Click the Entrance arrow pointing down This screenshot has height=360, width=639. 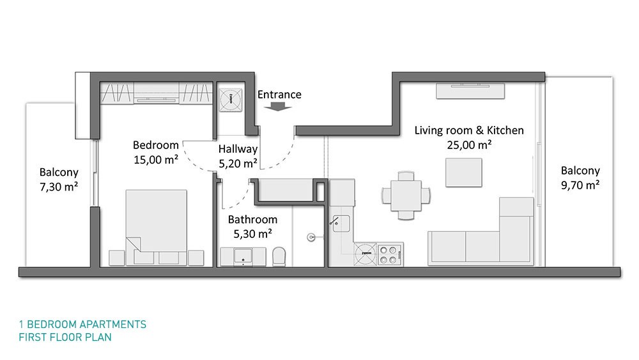click(x=278, y=106)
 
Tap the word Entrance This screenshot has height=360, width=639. click(x=279, y=95)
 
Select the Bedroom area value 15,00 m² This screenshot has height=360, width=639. click(x=156, y=159)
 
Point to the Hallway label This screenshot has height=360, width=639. click(x=238, y=149)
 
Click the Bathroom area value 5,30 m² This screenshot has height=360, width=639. click(x=252, y=233)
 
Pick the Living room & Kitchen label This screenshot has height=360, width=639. click(x=469, y=130)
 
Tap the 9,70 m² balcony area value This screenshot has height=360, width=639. click(x=580, y=185)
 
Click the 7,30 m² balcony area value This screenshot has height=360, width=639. click(x=59, y=187)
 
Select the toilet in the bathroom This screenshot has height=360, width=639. click(x=279, y=256)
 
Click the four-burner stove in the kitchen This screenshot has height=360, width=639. click(x=390, y=254)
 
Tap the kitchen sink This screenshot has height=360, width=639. click(x=341, y=223)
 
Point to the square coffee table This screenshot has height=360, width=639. click(x=463, y=173)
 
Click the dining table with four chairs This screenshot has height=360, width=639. click(x=406, y=195)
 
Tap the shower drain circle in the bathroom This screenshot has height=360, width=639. click(x=311, y=237)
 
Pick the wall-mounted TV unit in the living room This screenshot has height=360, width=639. click(x=470, y=91)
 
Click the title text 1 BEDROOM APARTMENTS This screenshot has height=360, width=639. click(x=82, y=325)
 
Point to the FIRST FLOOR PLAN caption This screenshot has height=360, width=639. click(x=65, y=337)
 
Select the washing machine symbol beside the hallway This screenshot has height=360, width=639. click(x=230, y=100)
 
